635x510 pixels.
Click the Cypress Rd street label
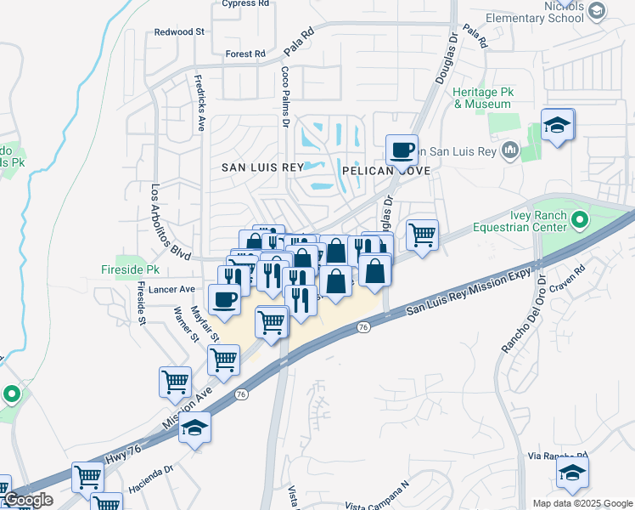pyautogui.click(x=244, y=3)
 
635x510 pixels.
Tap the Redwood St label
pyautogui.click(x=180, y=31)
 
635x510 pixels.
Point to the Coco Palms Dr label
pyautogui.click(x=285, y=99)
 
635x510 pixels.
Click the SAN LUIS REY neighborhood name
pyautogui.click(x=261, y=167)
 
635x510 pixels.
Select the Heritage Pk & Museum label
pyautogui.click(x=482, y=98)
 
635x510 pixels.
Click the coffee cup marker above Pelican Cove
pyautogui.click(x=402, y=150)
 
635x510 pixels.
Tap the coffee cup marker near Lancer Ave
pyautogui.click(x=224, y=300)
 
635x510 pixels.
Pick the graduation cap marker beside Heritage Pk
pyautogui.click(x=557, y=126)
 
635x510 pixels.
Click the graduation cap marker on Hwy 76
pyautogui.click(x=194, y=428)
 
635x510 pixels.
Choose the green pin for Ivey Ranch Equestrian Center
pyautogui.click(x=580, y=221)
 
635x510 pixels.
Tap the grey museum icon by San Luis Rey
pyautogui.click(x=510, y=151)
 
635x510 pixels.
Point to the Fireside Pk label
pyautogui.click(x=141, y=269)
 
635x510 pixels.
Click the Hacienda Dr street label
pyautogui.click(x=151, y=480)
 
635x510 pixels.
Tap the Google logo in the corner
pyautogui.click(x=27, y=500)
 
